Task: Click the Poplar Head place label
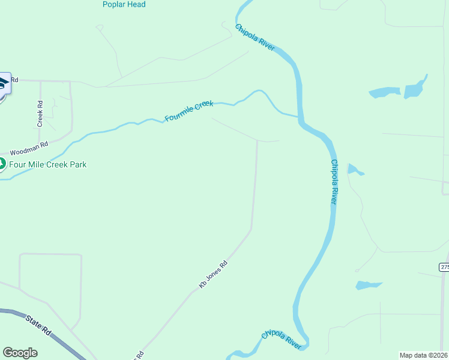[x=124, y=5]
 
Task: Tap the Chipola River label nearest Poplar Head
[x=255, y=38]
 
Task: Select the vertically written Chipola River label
[x=334, y=182]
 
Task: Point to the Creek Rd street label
[x=40, y=113]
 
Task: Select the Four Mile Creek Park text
[x=48, y=164]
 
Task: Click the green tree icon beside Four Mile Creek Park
[x=2, y=164]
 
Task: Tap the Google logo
[x=20, y=353]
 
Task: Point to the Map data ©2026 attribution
[x=423, y=355]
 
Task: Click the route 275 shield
[x=444, y=267]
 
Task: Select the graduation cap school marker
[x=3, y=83]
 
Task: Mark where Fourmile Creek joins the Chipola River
[x=298, y=116]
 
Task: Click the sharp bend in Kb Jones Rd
[x=251, y=229]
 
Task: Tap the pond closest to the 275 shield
[x=367, y=284]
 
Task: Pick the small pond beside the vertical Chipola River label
[x=354, y=170]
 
